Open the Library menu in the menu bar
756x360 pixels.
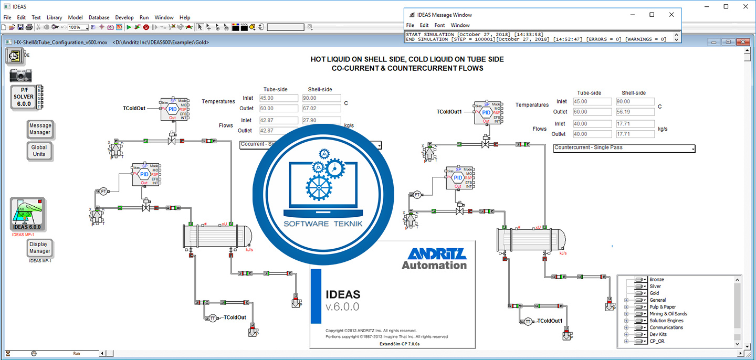[x=54, y=17]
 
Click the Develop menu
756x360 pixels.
[x=124, y=17]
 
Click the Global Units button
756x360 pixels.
[x=39, y=151]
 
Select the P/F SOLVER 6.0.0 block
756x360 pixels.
[x=24, y=97]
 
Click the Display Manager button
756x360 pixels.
[x=39, y=248]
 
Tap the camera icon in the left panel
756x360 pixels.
[x=20, y=75]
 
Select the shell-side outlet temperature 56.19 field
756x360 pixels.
[x=635, y=112]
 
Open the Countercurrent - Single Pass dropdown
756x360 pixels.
[x=624, y=148]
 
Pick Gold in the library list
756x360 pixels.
[x=654, y=293]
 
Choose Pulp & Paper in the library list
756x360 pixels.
[x=663, y=307]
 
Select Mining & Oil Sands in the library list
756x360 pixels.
[x=668, y=314]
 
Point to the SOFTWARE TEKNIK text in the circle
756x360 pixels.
[x=322, y=224]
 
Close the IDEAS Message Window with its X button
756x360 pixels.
[x=671, y=15]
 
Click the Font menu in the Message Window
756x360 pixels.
[x=439, y=25]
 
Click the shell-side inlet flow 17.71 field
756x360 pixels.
[x=635, y=124]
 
